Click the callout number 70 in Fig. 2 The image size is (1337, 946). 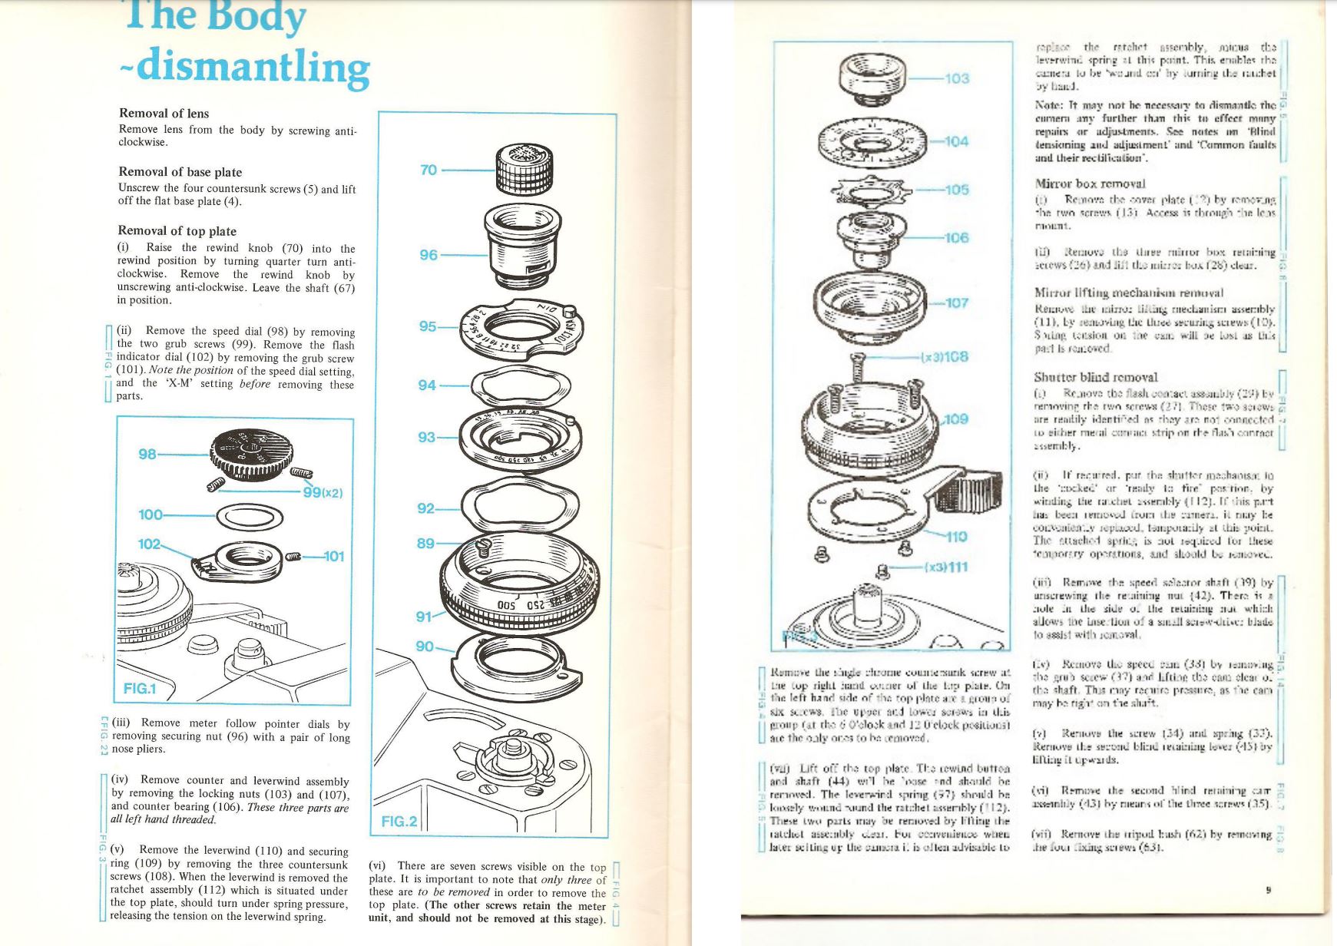click(x=429, y=170)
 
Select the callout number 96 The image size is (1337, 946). click(x=429, y=255)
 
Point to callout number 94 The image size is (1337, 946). click(x=427, y=385)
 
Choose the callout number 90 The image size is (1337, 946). click(x=425, y=647)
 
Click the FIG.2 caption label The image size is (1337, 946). click(x=399, y=822)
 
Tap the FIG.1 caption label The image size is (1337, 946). click(x=140, y=688)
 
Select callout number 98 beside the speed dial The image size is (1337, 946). click(x=147, y=454)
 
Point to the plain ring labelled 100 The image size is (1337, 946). click(x=250, y=517)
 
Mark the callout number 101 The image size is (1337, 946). click(x=333, y=556)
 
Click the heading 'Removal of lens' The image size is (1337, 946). click(x=164, y=114)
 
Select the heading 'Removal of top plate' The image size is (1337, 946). click(x=177, y=231)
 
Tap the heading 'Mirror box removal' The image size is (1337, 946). click(x=1090, y=184)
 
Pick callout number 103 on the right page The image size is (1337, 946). click(x=957, y=78)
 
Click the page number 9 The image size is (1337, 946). click(x=1269, y=891)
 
